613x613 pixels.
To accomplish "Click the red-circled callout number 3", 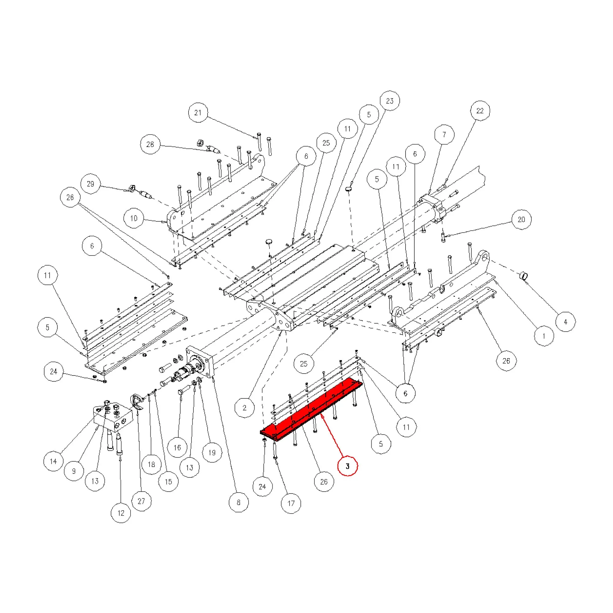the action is click(x=348, y=466).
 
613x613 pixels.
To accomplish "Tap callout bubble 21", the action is click(x=198, y=112).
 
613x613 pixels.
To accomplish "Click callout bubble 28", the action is click(x=150, y=144).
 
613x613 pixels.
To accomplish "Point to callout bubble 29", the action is click(x=90, y=184).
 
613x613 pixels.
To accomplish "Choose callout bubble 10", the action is click(x=134, y=218).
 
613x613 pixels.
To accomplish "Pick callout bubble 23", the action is click(x=390, y=101).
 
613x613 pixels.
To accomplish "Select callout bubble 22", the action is click(x=480, y=111).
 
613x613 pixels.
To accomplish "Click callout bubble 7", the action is click(x=444, y=135).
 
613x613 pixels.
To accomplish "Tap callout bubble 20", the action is click(x=521, y=219).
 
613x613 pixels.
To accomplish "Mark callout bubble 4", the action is click(x=565, y=322).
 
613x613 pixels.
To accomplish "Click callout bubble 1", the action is click(x=544, y=336).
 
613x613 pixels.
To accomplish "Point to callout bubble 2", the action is click(x=245, y=408).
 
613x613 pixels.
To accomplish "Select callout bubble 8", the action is click(x=238, y=502).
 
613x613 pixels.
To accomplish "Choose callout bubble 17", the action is click(x=291, y=503).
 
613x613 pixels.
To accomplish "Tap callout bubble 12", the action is click(x=121, y=513).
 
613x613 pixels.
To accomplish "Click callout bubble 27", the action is click(x=142, y=501).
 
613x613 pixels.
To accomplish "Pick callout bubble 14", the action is click(x=53, y=461).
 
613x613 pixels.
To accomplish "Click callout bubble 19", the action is click(x=212, y=452).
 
